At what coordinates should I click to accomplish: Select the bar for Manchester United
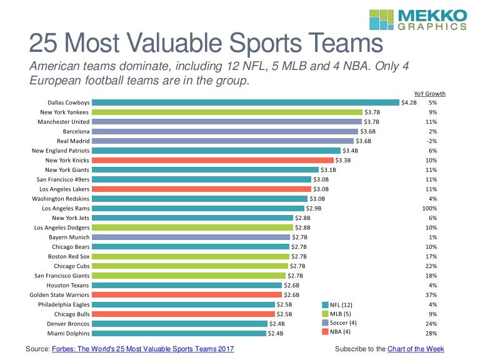226,122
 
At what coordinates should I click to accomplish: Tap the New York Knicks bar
213,160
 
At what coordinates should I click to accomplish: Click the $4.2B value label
409,102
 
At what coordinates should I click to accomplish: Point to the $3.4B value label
350,151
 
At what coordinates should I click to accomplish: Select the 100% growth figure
430,208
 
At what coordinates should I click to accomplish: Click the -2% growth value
432,141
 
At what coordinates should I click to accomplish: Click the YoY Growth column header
429,94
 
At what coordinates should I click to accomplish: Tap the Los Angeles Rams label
66,208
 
